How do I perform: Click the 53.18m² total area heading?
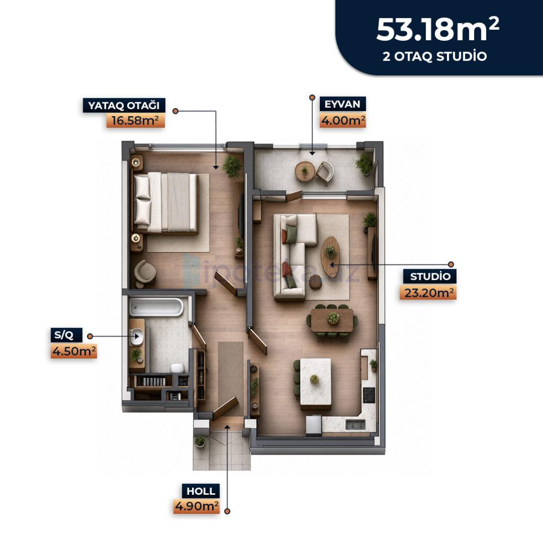tap(437, 30)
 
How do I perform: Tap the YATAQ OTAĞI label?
tap(124, 106)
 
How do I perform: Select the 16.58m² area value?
tap(135, 120)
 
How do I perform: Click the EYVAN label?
tap(343, 104)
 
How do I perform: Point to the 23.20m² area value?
tap(428, 293)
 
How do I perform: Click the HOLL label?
tap(201, 491)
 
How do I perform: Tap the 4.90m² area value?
tap(197, 506)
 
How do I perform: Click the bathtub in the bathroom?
tap(156, 307)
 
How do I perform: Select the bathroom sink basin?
tap(137, 336)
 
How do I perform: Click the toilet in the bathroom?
tap(178, 367)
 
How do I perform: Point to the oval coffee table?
tap(330, 257)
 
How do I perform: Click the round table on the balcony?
tap(305, 171)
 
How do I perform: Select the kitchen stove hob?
tap(369, 395)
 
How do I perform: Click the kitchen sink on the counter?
tap(355, 425)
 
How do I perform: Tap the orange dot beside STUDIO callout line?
tap(451, 264)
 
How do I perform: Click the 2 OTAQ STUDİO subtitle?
tap(435, 56)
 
